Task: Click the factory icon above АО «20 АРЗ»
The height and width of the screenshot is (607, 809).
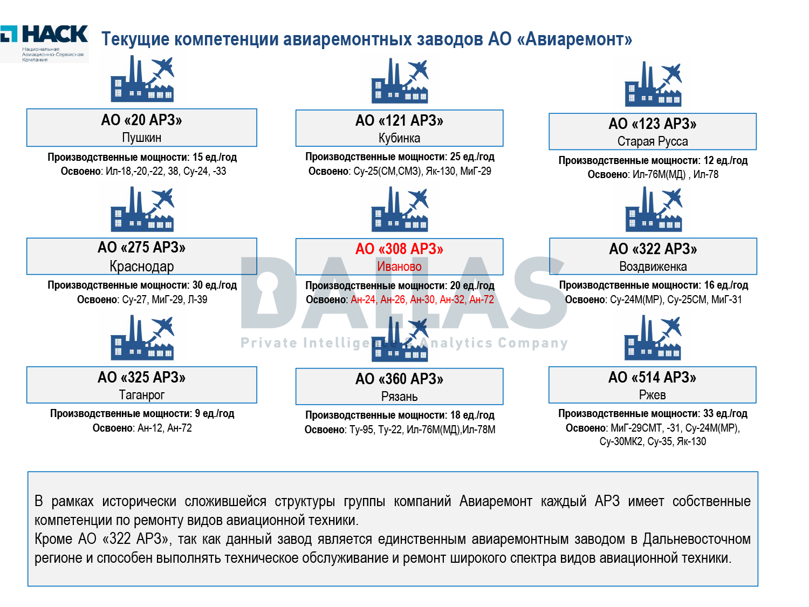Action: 142,79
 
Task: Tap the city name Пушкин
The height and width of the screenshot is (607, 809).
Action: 142,138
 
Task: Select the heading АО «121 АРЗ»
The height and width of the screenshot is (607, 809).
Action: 399,120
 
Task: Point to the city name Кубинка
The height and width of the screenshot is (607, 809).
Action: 399,138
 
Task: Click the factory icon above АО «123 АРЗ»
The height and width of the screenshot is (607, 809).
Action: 653,84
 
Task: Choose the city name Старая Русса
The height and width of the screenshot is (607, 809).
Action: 653,141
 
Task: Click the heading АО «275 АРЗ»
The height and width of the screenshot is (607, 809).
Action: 142,248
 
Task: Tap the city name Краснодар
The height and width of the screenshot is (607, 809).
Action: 142,266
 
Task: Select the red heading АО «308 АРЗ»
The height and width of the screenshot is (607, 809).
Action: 399,249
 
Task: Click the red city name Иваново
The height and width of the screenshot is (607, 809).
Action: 399,267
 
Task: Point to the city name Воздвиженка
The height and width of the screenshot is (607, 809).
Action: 653,267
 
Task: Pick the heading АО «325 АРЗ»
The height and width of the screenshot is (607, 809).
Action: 142,377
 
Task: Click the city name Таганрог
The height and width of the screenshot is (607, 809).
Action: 142,395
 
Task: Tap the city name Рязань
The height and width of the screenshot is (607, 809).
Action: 399,397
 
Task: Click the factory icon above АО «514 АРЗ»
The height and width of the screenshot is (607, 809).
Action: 653,338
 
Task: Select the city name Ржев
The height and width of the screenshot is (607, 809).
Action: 653,395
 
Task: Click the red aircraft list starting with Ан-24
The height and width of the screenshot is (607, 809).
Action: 422,299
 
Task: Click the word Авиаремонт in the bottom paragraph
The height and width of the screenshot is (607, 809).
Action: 496,501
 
